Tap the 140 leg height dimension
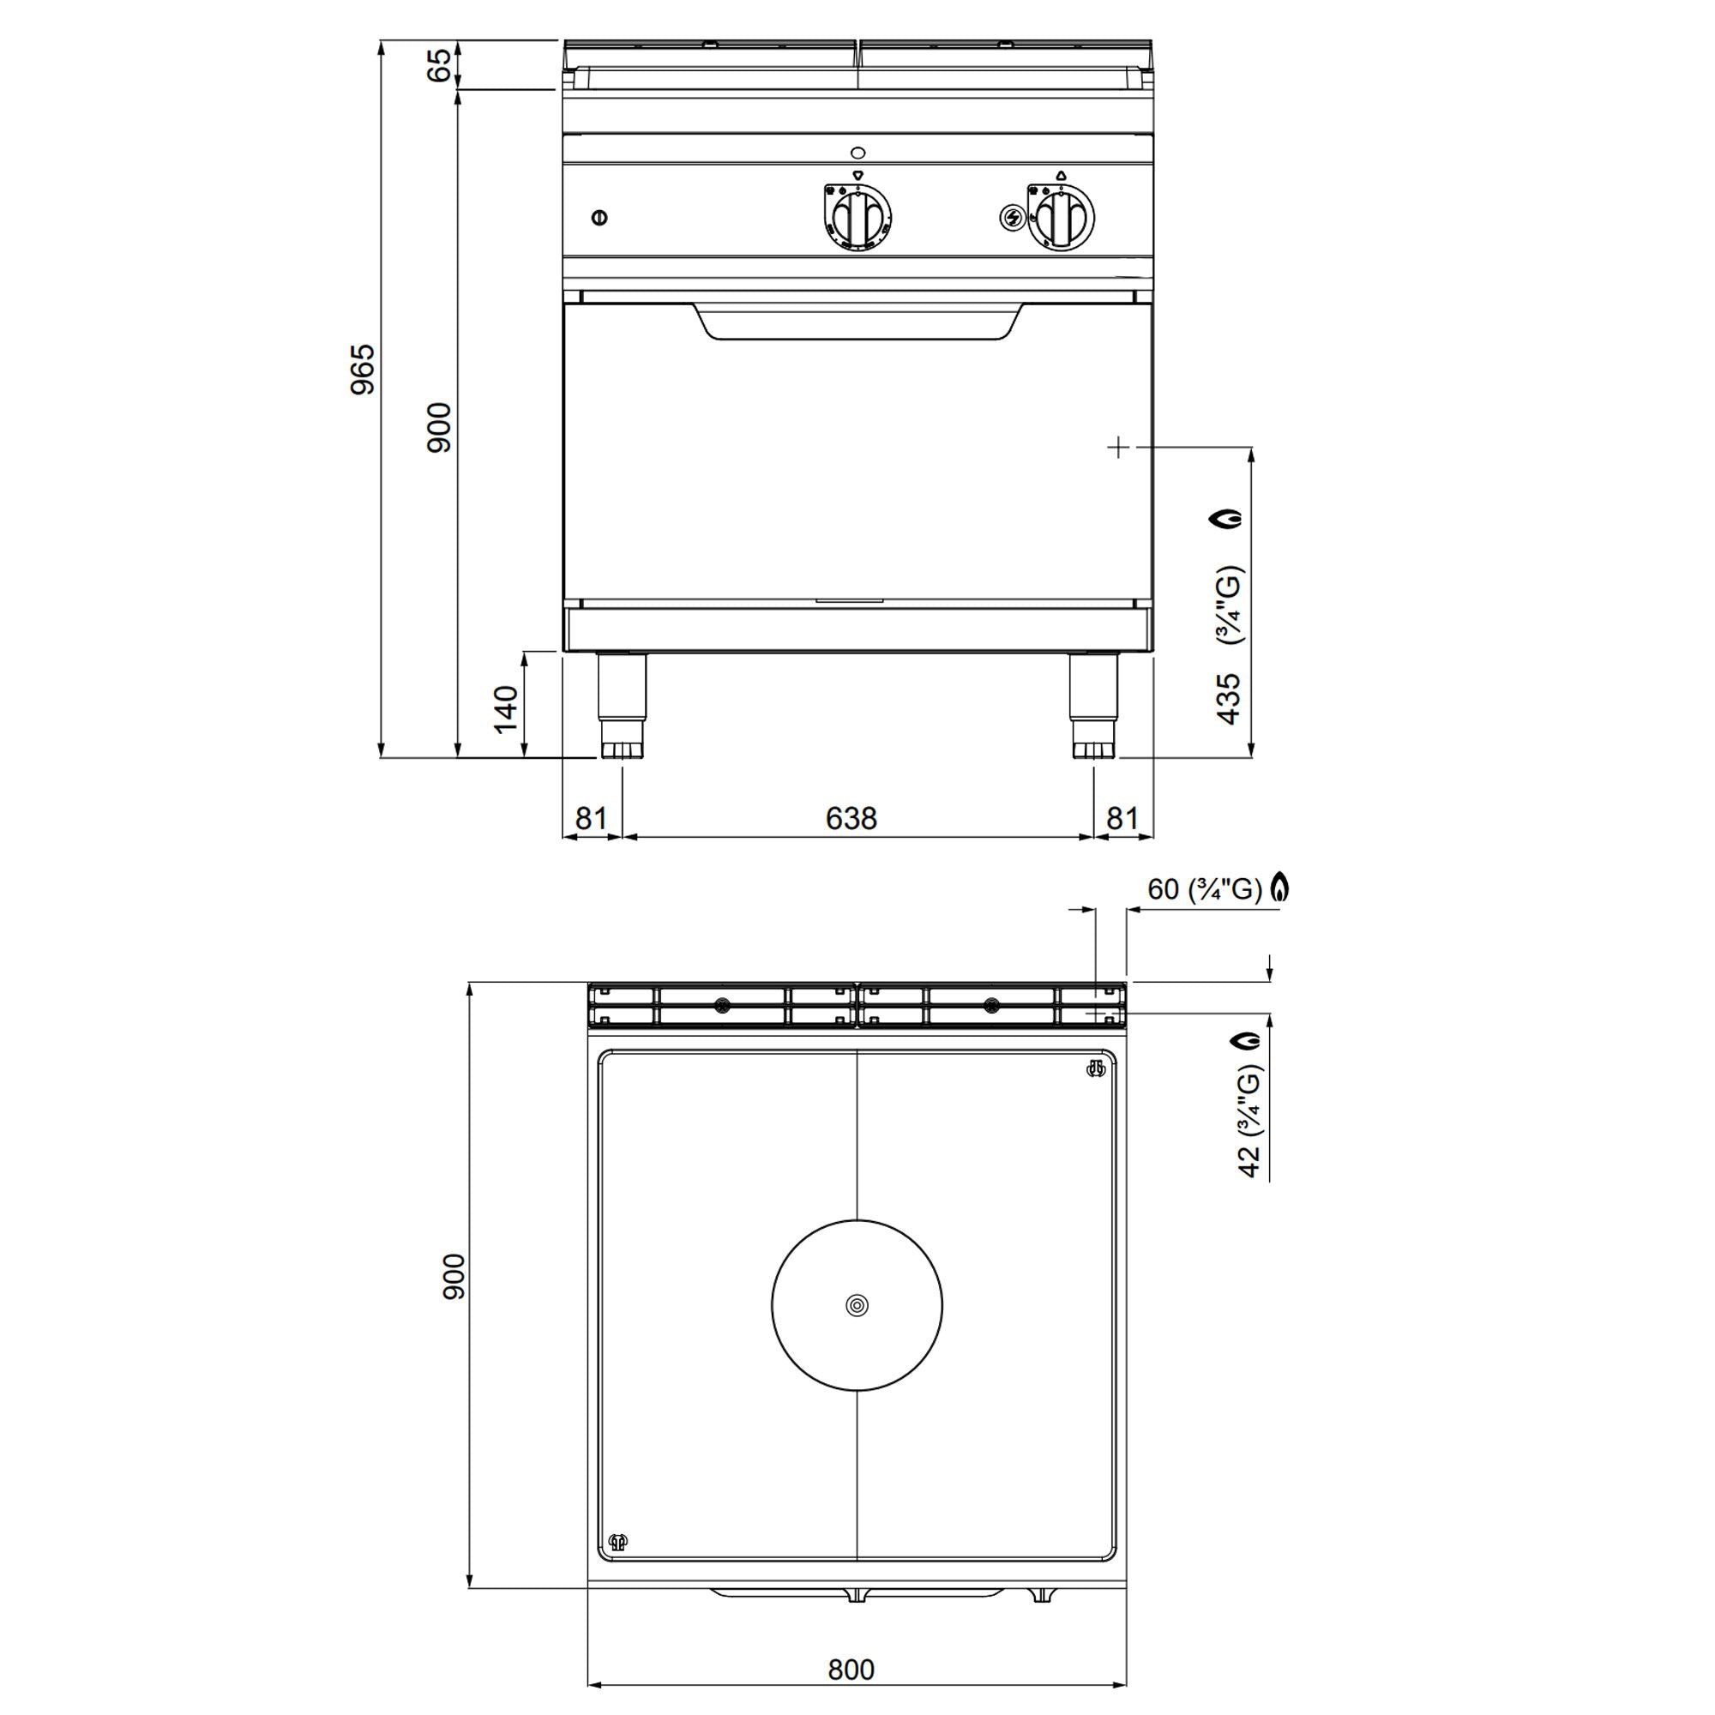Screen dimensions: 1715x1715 tap(506, 708)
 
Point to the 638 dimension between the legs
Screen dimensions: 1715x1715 tap(851, 817)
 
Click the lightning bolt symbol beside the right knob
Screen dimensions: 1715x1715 tap(1012, 217)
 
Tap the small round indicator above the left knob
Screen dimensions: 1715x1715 tap(857, 151)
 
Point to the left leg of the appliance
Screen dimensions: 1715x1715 tap(622, 704)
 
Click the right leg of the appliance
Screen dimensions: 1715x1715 tap(1092, 704)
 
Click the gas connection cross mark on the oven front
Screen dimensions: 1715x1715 tap(1118, 448)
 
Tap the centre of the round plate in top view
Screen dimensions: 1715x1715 tap(857, 1305)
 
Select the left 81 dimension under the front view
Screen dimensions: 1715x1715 tap(590, 817)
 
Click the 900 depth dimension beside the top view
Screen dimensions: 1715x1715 tap(454, 1277)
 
